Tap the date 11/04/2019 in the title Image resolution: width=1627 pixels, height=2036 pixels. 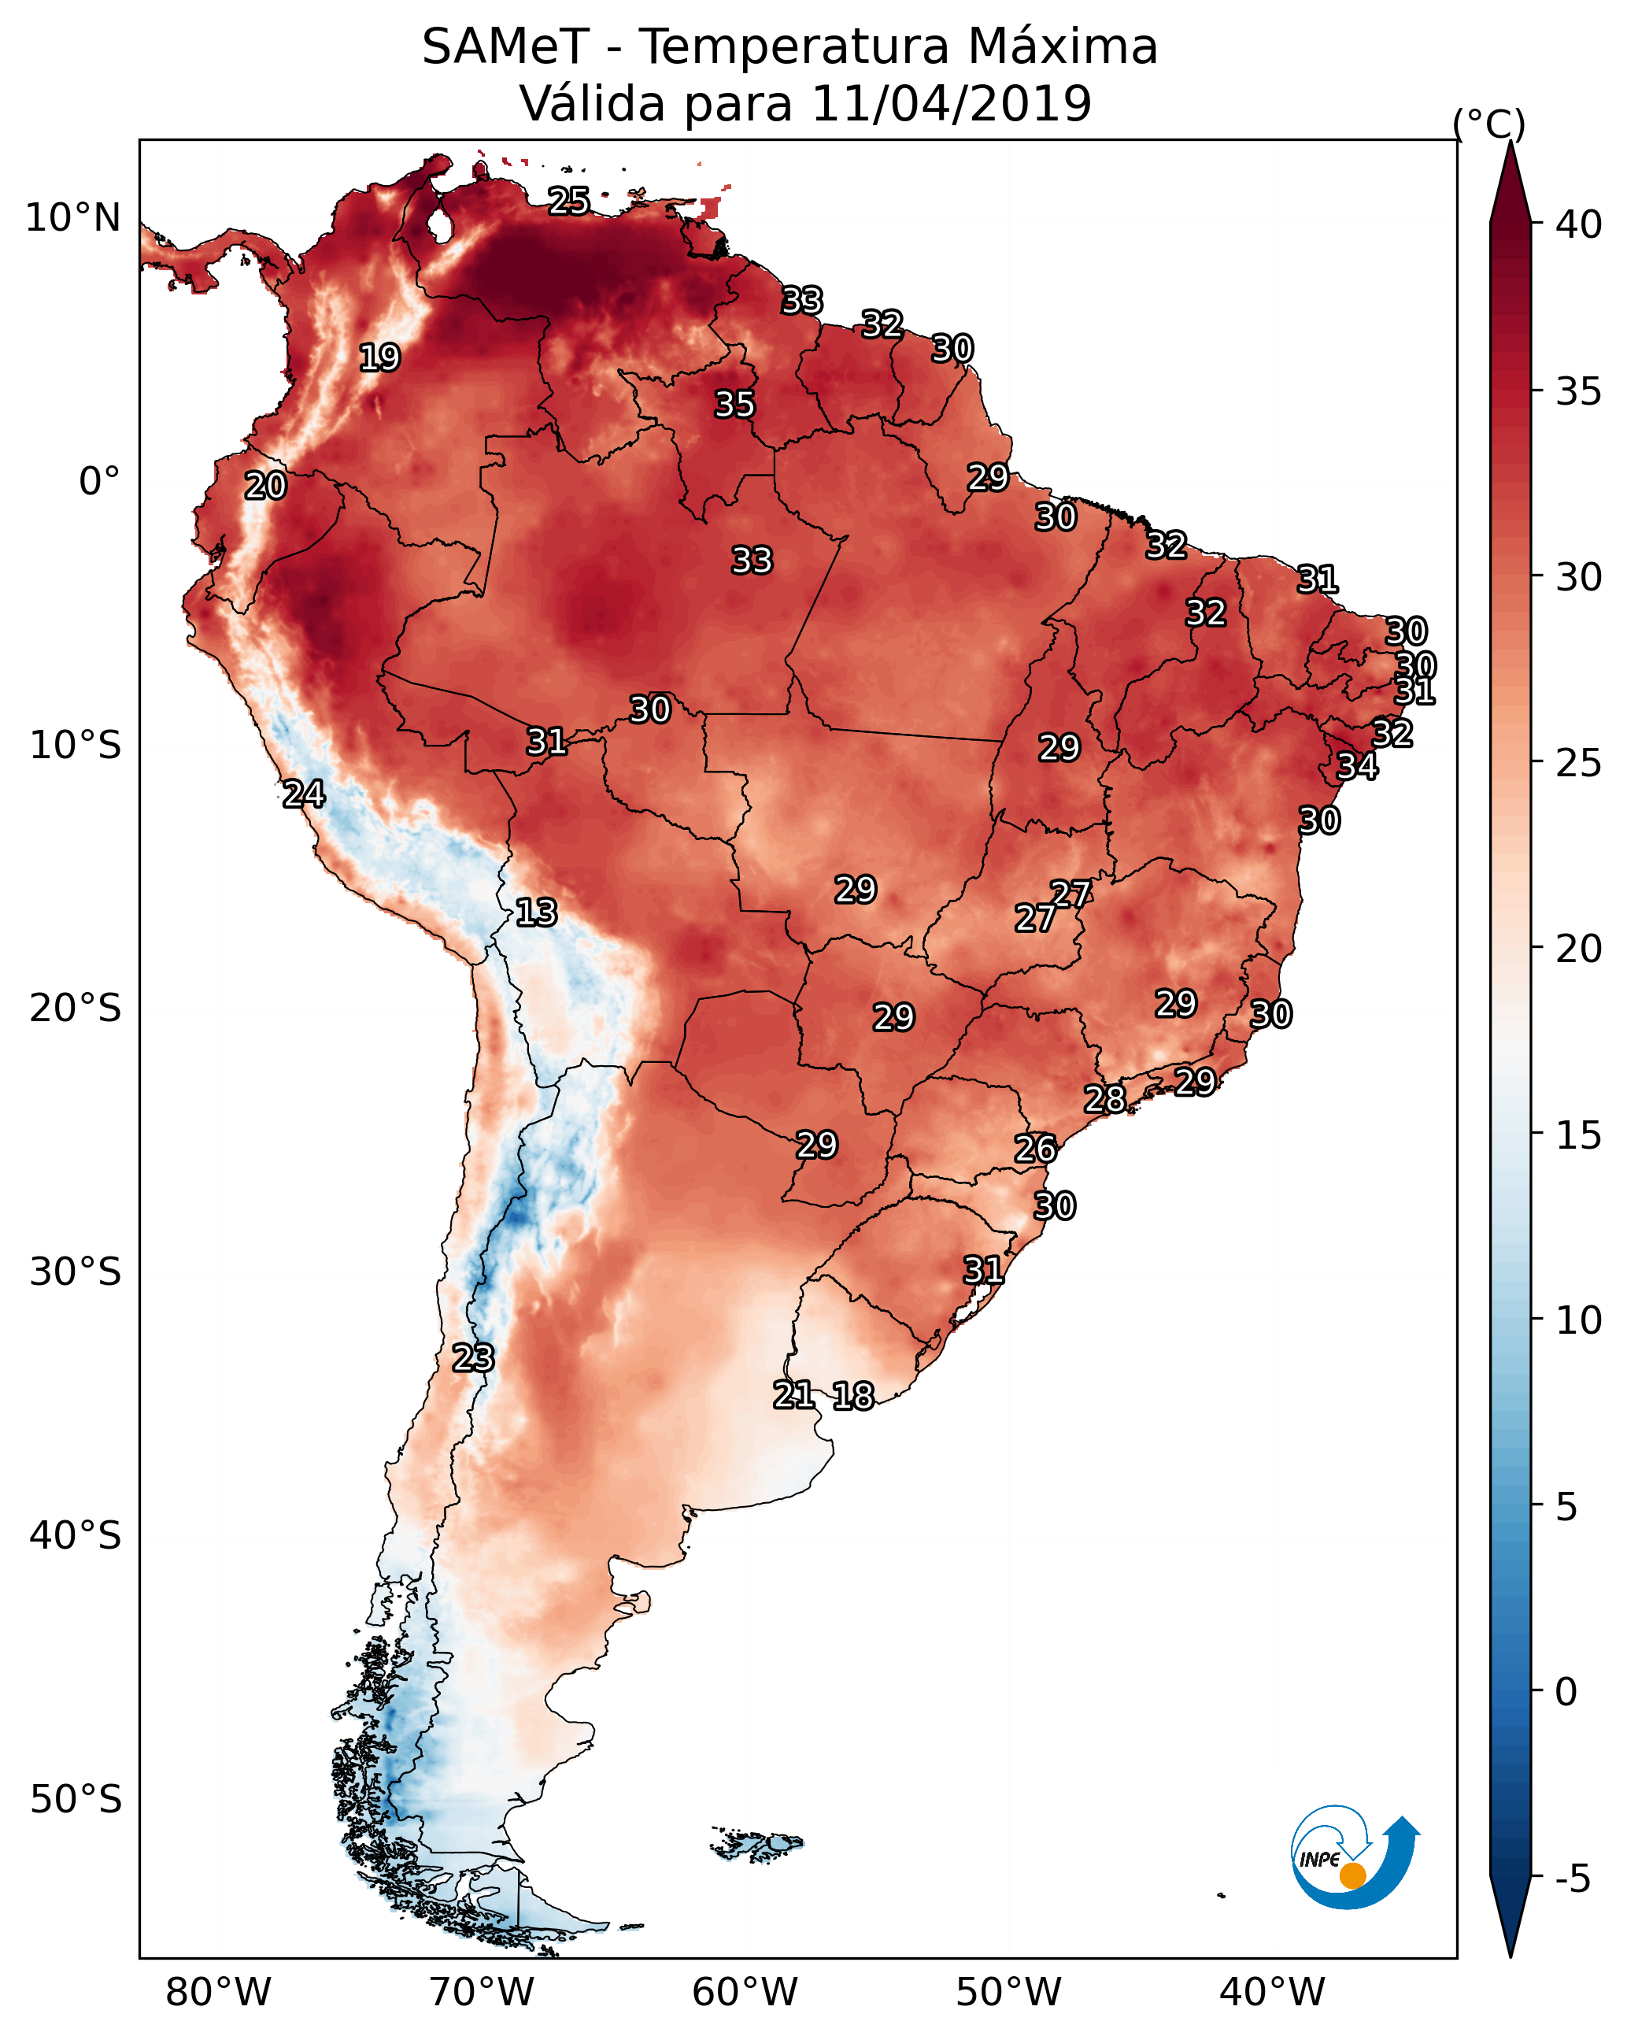951,104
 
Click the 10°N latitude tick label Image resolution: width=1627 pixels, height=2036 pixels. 72,218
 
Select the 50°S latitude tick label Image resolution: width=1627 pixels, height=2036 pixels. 76,1800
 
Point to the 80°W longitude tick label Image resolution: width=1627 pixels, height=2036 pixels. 218,1993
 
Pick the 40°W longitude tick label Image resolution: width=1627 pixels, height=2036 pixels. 1272,1993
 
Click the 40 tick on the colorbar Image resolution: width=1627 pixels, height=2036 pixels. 1579,224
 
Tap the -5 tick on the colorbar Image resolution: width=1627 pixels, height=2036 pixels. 1572,1879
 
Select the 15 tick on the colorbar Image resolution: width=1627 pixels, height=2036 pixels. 1579,1135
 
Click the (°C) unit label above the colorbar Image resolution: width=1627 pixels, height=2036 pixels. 1488,124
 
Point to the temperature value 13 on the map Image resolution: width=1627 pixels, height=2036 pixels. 536,912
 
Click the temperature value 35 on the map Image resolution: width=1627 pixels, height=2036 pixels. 734,404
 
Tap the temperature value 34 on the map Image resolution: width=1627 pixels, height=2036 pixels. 1357,766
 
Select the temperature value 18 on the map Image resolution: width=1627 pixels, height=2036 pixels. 852,1396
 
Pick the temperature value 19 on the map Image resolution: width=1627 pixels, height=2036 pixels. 379,358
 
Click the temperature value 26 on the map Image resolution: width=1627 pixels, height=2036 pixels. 1035,1149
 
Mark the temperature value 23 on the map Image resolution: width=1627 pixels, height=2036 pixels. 472,1358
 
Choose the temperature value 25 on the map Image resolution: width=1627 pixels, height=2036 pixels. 569,200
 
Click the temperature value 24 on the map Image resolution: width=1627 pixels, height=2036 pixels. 303,794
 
